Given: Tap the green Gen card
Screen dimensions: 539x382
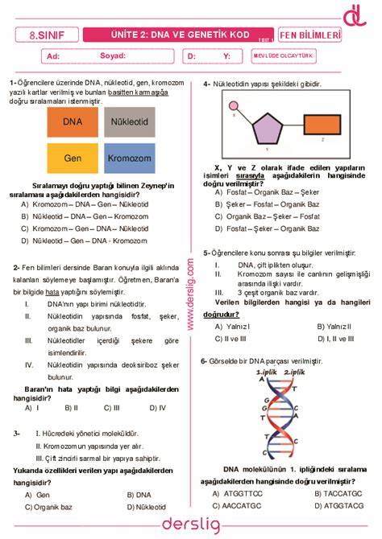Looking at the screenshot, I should coord(73,158).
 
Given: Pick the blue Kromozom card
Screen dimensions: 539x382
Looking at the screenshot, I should coord(129,158).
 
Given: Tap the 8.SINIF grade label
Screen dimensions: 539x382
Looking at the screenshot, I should coord(48,35).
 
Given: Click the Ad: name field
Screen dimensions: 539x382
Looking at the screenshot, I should coord(55,56).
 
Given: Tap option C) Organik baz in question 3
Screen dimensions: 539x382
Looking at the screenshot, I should coord(48,508).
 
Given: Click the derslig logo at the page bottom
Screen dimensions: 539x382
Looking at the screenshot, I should coord(190,525).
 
